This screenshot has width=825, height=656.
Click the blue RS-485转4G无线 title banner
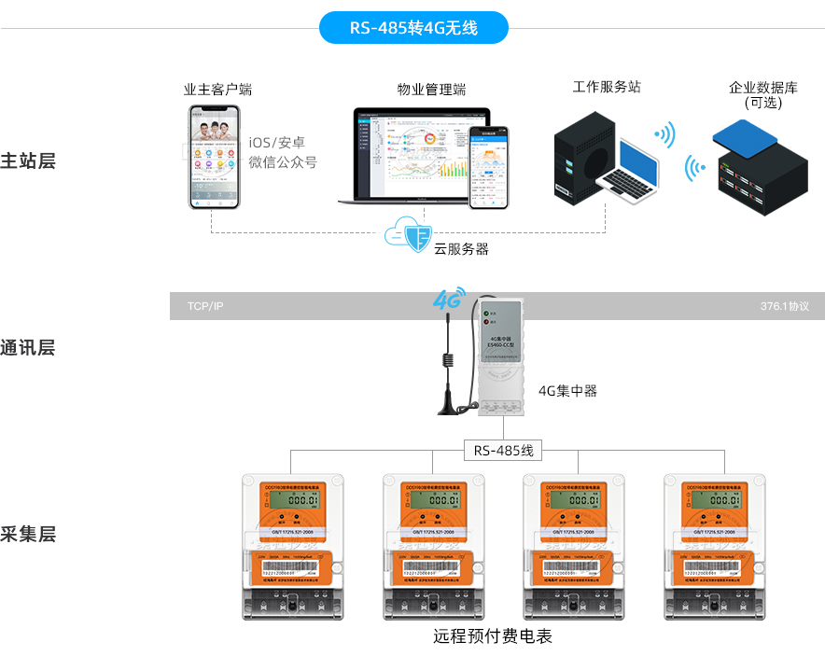(413, 28)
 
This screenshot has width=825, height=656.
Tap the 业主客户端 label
(217, 90)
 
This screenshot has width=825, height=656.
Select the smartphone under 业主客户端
(211, 156)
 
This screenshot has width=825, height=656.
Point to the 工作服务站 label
(607, 87)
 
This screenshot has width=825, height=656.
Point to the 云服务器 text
(461, 249)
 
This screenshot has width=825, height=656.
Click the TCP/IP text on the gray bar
(205, 306)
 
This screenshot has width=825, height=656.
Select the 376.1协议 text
(784, 306)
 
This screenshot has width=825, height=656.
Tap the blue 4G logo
(449, 300)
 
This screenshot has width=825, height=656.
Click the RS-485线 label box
(502, 451)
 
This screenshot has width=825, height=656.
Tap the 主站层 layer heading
(28, 161)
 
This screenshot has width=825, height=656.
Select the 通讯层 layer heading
(28, 348)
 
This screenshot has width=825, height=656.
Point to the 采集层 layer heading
(28, 534)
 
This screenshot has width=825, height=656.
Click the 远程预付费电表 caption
(493, 637)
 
